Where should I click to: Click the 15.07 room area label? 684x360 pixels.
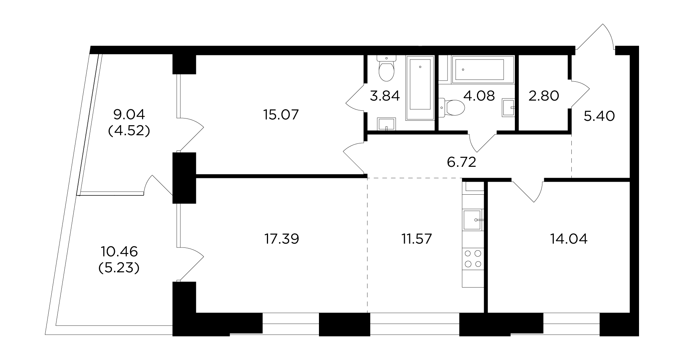tap(281, 115)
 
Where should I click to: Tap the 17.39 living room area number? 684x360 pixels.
tap(281, 239)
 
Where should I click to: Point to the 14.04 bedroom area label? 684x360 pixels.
tap(569, 239)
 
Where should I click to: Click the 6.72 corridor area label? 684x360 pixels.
tap(461, 162)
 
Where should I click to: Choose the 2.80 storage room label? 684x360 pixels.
tap(543, 96)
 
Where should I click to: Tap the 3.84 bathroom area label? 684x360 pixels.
tap(384, 96)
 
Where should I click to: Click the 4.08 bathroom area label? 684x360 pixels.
tap(479, 96)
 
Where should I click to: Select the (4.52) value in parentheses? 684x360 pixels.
tap(129, 131)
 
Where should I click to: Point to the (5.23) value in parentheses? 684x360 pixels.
tap(119, 268)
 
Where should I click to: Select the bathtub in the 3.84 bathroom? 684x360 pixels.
tap(420, 88)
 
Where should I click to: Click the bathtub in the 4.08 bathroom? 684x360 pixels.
tap(483, 68)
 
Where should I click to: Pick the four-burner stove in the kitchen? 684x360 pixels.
tap(473, 259)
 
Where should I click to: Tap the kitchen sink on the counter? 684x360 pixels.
tap(473, 220)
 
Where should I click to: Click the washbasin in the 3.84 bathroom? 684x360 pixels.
tap(387, 124)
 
